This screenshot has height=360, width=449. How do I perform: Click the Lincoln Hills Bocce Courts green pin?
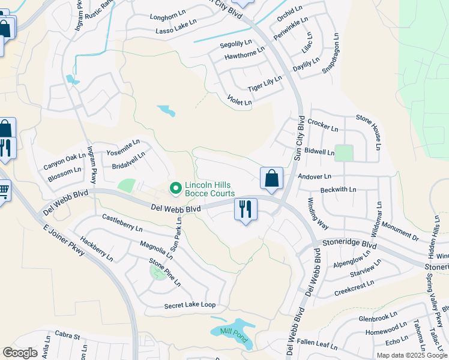click(176, 189)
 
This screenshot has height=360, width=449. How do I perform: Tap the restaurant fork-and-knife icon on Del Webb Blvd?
click(245, 209)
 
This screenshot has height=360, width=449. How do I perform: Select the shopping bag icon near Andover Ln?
click(271, 178)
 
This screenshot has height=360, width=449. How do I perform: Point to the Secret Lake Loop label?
click(190, 305)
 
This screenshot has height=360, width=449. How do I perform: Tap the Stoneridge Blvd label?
click(349, 246)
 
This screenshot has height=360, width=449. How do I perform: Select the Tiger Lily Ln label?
click(265, 84)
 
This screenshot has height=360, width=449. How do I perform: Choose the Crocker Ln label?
click(323, 125)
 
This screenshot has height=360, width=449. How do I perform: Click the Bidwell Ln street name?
click(319, 152)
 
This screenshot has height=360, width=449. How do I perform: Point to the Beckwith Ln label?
click(338, 190)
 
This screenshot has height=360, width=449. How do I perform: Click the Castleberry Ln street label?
click(122, 223)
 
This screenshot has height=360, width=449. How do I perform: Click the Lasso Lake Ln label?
click(176, 31)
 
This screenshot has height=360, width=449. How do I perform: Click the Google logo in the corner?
click(20, 353)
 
